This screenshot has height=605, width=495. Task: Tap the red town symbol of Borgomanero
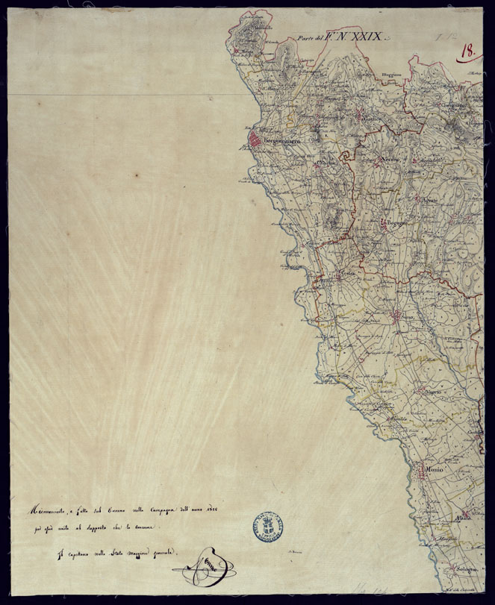tap(255, 140)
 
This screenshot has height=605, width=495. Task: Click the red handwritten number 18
tap(468, 51)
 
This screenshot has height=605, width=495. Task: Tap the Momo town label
tap(434, 470)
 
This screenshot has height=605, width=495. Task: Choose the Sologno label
tap(461, 571)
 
